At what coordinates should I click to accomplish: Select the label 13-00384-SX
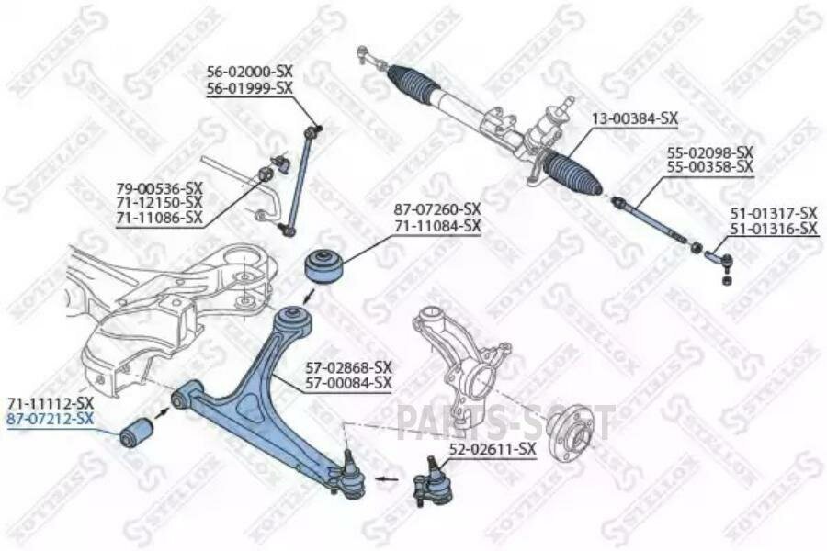click(x=634, y=118)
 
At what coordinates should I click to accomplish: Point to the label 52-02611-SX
click(x=492, y=449)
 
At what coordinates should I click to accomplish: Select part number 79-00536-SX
click(x=159, y=187)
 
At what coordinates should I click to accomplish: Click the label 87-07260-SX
click(x=437, y=209)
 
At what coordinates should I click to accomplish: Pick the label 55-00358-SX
click(x=710, y=166)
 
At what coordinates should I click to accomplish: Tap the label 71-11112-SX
click(x=50, y=403)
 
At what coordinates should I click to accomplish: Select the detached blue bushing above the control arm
click(x=326, y=265)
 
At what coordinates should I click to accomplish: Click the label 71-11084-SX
click(x=437, y=225)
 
